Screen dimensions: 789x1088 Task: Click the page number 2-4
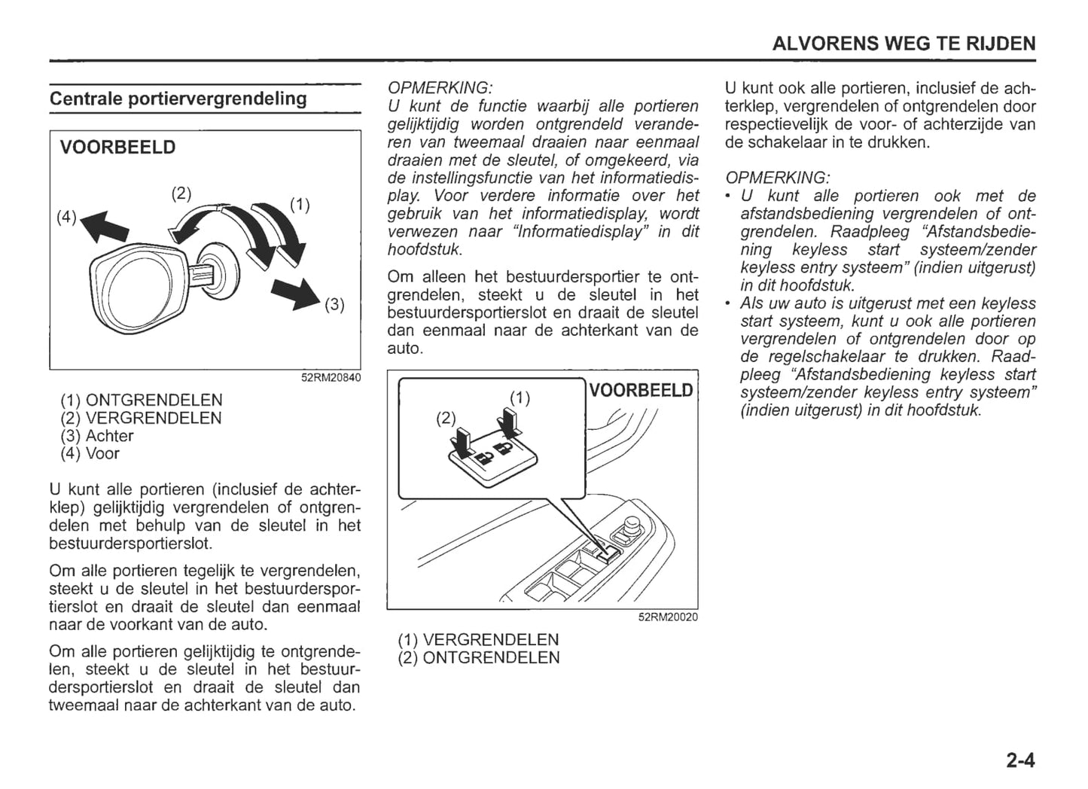(1019, 761)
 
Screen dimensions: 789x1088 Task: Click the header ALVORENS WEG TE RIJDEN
(904, 44)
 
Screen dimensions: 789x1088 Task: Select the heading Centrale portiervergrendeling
(178, 99)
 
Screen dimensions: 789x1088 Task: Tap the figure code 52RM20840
(331, 377)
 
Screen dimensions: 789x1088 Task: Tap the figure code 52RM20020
(668, 617)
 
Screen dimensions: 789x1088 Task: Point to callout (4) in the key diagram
(67, 217)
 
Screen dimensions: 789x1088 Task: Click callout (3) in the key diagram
(334, 305)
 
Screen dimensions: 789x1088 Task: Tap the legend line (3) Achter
(97, 436)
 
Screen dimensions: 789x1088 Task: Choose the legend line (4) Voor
(90, 454)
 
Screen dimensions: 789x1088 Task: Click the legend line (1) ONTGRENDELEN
(142, 401)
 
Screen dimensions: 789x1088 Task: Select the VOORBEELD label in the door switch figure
(641, 390)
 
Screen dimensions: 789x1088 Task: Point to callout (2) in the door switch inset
(446, 418)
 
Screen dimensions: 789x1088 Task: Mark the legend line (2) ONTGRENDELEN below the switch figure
(479, 658)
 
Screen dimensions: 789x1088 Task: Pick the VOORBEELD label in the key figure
(117, 148)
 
